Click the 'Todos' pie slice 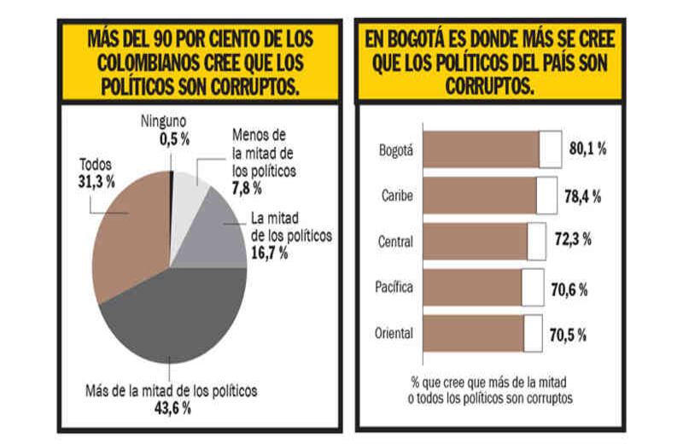(128, 235)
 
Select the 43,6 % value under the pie (172, 408)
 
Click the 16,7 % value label (271, 253)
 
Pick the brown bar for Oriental (474, 333)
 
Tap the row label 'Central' (395, 242)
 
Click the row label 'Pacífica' (394, 287)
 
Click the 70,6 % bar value (569, 289)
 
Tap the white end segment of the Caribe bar (546, 196)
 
